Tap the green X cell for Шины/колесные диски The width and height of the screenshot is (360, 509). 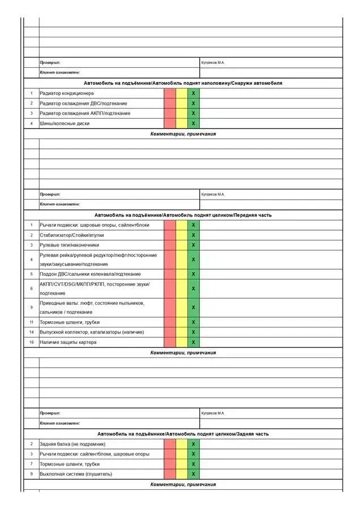pos(193,123)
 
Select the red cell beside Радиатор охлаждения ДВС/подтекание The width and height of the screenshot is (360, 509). pos(170,103)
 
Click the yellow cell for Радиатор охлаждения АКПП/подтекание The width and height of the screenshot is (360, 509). pos(181,113)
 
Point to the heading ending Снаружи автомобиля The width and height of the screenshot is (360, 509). pos(183,83)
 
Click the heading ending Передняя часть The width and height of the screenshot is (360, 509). pos(183,215)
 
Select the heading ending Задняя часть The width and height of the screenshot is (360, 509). pos(183,434)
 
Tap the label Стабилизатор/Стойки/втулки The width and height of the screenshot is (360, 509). pos(72,235)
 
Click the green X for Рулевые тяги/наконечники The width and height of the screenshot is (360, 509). pos(193,245)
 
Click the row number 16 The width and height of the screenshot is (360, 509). pos(32,342)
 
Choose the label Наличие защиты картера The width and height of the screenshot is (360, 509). pos(68,342)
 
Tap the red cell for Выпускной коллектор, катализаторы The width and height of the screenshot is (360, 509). pos(170,332)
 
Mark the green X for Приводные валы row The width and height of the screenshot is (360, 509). pos(193,308)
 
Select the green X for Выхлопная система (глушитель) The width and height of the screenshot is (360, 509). pos(193,474)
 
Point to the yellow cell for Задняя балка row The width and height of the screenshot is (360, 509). pos(181,444)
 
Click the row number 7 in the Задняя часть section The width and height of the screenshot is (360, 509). pos(32,464)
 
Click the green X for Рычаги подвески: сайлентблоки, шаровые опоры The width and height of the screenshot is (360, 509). pos(193,454)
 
